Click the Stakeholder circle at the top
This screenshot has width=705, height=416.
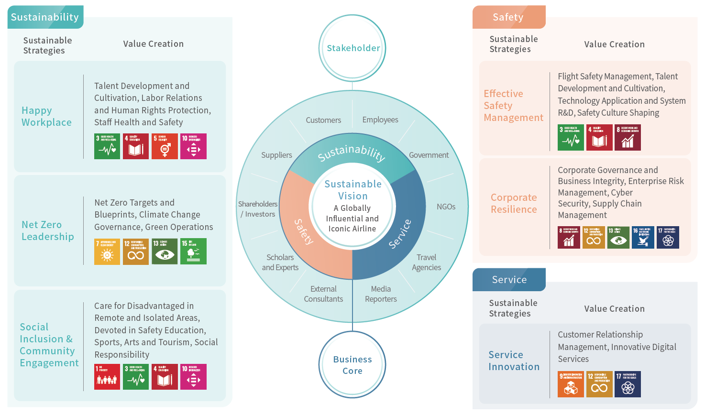(352, 48)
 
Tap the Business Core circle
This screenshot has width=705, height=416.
(352, 365)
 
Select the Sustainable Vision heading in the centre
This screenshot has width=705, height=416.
(353, 190)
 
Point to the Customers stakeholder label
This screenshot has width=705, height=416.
(323, 120)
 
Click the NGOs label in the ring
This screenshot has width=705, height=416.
(446, 207)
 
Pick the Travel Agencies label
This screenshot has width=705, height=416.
(426, 263)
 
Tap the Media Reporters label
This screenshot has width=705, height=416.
(381, 294)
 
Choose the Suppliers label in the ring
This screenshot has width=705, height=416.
(276, 155)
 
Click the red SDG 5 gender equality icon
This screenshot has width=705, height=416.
(165, 146)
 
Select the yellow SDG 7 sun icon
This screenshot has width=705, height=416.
(107, 252)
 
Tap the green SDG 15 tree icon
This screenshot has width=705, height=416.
(193, 252)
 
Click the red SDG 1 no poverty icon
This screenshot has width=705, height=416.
(107, 377)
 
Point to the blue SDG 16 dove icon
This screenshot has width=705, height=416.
(643, 238)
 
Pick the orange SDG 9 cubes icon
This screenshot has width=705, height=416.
(571, 384)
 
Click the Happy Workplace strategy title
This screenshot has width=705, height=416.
(46, 116)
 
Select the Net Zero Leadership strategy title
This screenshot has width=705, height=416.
(47, 230)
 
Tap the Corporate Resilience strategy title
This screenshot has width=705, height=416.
(514, 203)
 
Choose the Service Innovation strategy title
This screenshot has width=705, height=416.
(514, 361)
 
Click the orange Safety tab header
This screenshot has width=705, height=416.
(508, 17)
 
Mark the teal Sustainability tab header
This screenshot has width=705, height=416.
(45, 17)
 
